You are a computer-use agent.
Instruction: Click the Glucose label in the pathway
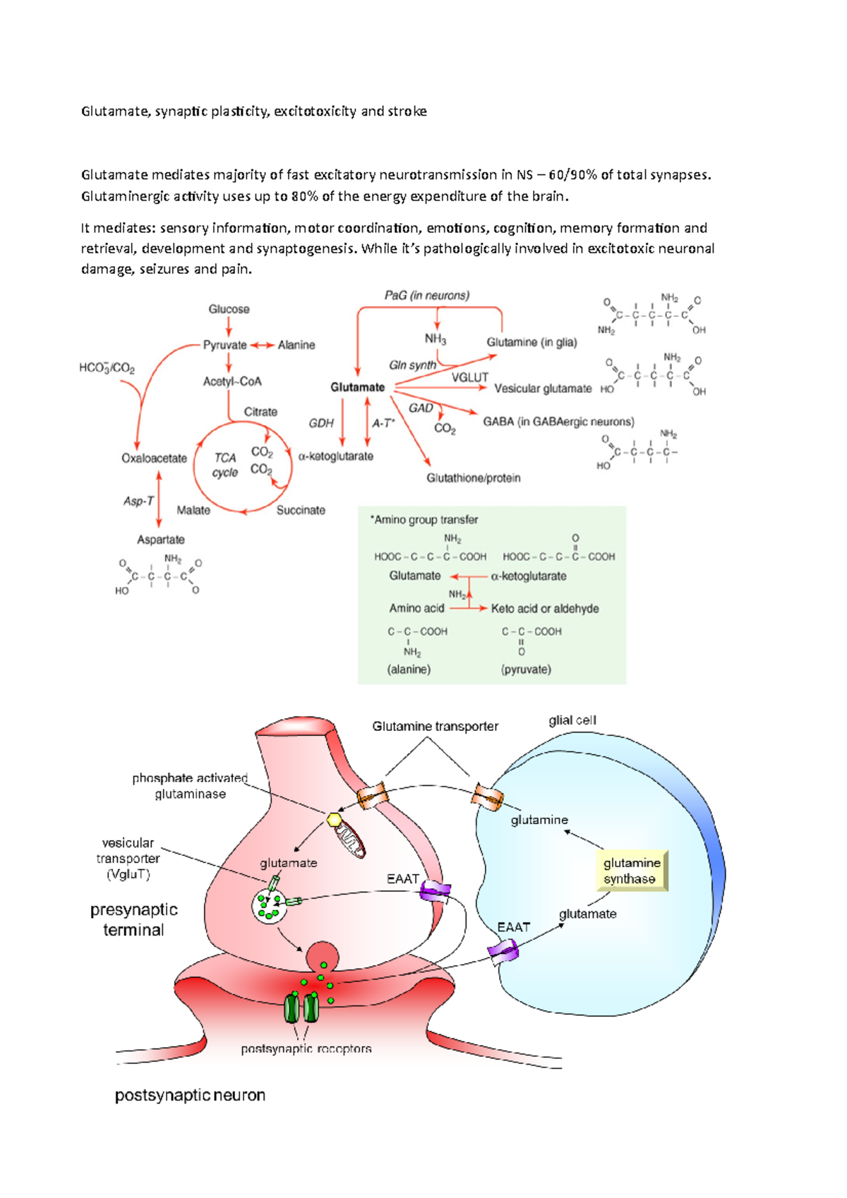229,309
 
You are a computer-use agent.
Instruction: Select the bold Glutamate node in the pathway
358,387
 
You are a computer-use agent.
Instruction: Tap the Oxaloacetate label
154,459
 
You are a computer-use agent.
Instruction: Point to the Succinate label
301,510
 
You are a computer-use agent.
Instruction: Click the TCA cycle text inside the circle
225,465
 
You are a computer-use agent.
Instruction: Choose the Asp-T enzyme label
138,501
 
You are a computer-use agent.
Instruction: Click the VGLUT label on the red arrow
470,377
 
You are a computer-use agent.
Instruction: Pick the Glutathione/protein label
473,478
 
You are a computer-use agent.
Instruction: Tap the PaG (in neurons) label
427,296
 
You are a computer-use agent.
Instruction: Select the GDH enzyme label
321,423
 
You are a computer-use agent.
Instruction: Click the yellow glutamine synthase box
632,871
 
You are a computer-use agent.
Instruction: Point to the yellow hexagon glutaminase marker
335,819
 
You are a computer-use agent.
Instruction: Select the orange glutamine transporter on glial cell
488,797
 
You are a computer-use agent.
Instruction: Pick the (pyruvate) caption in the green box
526,670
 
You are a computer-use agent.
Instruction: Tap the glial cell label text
572,720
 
